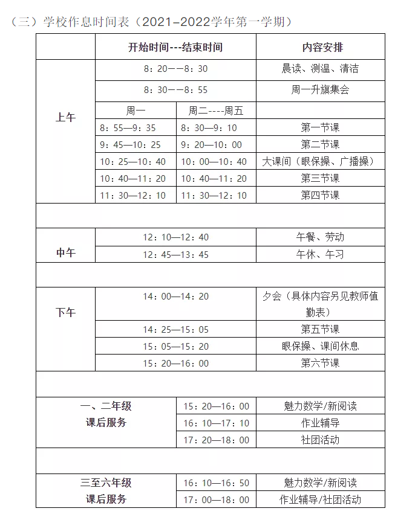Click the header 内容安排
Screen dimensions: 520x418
(x=320, y=47)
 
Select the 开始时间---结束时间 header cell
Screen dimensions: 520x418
(x=175, y=47)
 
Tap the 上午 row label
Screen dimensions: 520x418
(x=65, y=118)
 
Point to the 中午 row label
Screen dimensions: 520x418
(x=65, y=253)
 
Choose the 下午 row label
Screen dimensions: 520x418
(x=65, y=312)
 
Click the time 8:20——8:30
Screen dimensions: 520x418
(x=175, y=69)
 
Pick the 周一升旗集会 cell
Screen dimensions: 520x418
(x=320, y=90)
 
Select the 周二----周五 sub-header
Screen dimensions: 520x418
(x=216, y=111)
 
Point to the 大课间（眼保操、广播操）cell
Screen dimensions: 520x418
(x=320, y=162)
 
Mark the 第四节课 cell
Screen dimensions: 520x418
(x=320, y=195)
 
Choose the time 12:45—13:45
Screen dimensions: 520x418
(x=175, y=255)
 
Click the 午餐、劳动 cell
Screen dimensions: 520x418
(x=320, y=237)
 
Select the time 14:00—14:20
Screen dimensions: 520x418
(x=175, y=297)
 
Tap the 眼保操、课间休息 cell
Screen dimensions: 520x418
(x=320, y=346)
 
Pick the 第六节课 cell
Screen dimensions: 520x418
(x=320, y=363)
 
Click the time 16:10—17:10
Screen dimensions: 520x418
(x=216, y=423)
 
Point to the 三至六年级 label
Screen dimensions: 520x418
(x=106, y=483)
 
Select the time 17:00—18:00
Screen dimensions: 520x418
(x=216, y=500)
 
